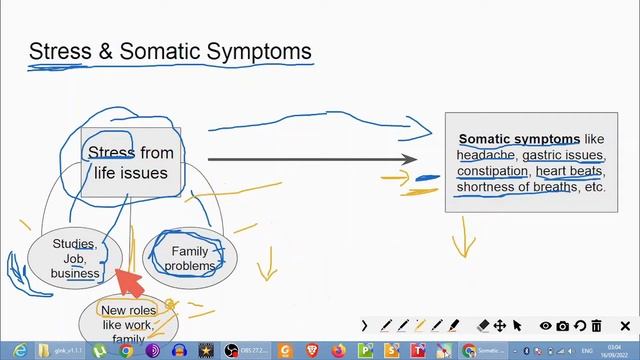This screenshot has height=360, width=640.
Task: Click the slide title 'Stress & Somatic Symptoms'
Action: pos(170,51)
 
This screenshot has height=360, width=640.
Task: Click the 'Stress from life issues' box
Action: pos(131,162)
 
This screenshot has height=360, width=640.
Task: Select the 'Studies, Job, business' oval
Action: pos(76,258)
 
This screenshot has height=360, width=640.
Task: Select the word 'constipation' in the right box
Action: pos(492,171)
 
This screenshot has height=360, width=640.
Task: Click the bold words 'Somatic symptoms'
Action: pos(519,139)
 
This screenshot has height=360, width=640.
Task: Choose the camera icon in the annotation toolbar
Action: pos(563,326)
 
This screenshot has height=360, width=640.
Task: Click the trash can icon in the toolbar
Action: pos(596,326)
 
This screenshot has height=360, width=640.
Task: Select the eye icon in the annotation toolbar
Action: pos(546,326)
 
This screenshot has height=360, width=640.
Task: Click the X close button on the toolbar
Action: pos(626,326)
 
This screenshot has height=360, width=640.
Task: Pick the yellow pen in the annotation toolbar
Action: pos(420,326)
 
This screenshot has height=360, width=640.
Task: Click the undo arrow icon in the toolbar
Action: pos(580,326)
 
